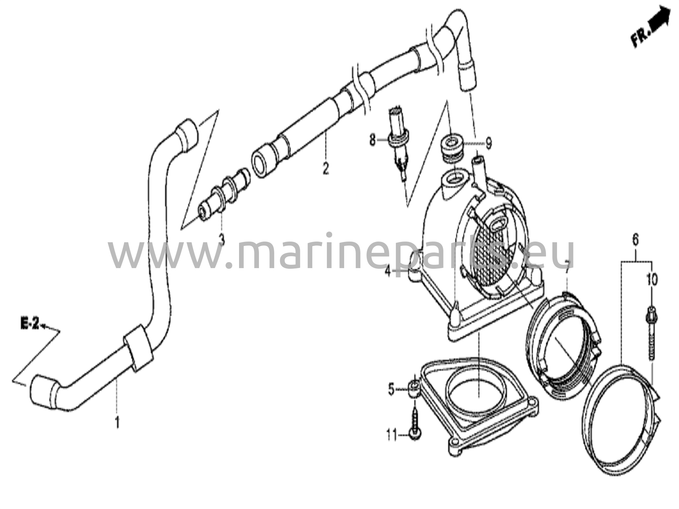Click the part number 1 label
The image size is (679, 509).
pyautogui.click(x=117, y=423)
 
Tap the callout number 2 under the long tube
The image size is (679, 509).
pyautogui.click(x=326, y=168)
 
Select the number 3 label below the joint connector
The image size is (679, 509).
pyautogui.click(x=222, y=239)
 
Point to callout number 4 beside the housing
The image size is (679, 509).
pyautogui.click(x=388, y=272)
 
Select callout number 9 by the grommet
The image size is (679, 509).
pyautogui.click(x=488, y=144)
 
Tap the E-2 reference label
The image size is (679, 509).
pyautogui.click(x=30, y=324)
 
